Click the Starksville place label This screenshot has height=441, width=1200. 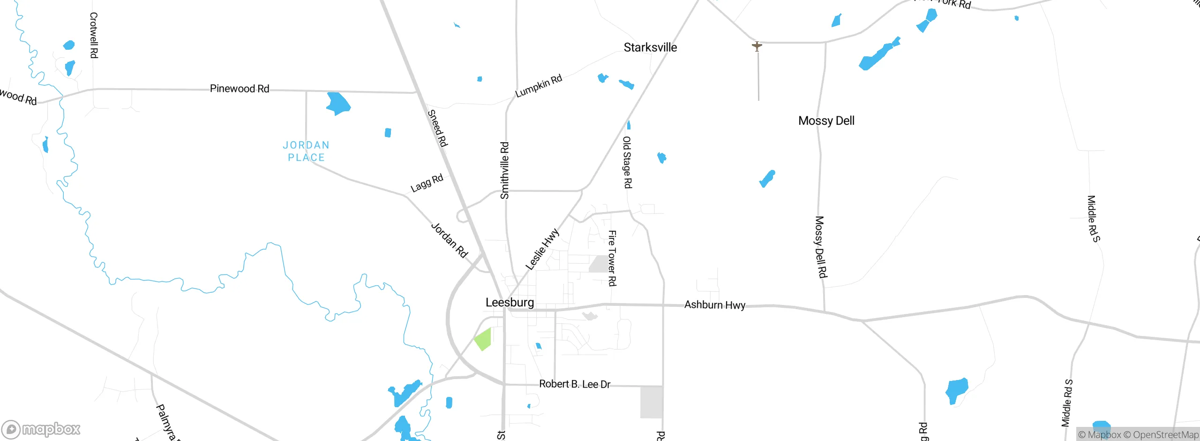(650, 47)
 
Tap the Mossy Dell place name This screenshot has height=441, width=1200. (826, 121)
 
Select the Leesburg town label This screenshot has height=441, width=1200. (510, 303)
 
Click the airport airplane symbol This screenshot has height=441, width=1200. (757, 46)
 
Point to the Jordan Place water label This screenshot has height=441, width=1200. (306, 151)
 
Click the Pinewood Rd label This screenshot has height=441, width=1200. (239, 89)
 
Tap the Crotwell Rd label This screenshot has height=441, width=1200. (94, 35)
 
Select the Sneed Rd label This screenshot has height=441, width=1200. (438, 128)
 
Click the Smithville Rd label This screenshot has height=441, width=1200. (504, 170)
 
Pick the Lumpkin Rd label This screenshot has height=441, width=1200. (538, 86)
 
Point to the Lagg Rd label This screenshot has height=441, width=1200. (427, 183)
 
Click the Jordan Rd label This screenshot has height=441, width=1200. (449, 240)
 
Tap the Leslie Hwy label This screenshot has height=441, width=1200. (542, 249)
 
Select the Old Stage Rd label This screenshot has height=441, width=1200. (627, 162)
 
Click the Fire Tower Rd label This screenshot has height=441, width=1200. (612, 258)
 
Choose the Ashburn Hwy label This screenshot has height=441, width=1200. (714, 305)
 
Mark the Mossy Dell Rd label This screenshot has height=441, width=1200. (821, 247)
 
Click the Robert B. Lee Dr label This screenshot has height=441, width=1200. (575, 384)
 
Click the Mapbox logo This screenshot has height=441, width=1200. (41, 429)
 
